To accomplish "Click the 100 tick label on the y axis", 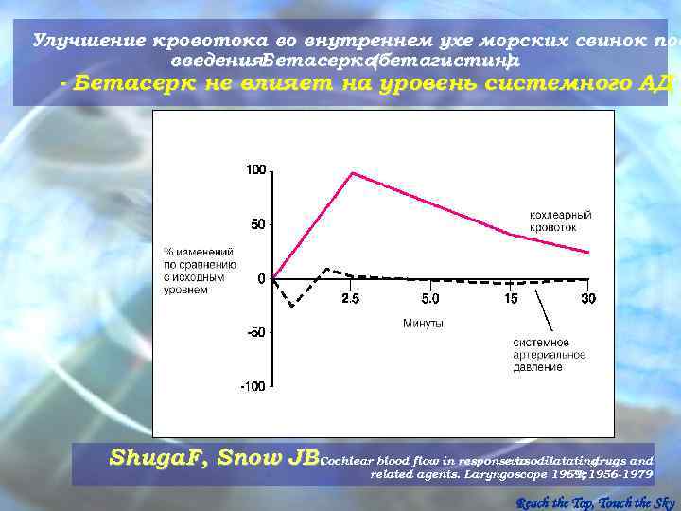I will tap(255, 170).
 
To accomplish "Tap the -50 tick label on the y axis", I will tap(255, 332).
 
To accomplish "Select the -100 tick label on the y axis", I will tap(253, 386).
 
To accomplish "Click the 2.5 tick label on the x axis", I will tap(350, 298).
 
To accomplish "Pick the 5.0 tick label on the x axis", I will tap(429, 298).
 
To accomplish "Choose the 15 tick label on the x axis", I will tap(510, 298).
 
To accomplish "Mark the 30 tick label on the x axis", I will tap(588, 298).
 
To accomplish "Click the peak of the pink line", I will tap(352, 172).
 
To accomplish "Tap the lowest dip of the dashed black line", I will tap(292, 307).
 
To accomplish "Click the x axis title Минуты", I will tap(423, 324).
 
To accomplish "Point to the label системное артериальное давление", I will tap(549, 355).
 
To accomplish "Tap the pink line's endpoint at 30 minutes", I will tap(588, 253).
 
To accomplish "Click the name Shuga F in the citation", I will tap(156, 458).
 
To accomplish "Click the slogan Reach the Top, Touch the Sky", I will tap(596, 502).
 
